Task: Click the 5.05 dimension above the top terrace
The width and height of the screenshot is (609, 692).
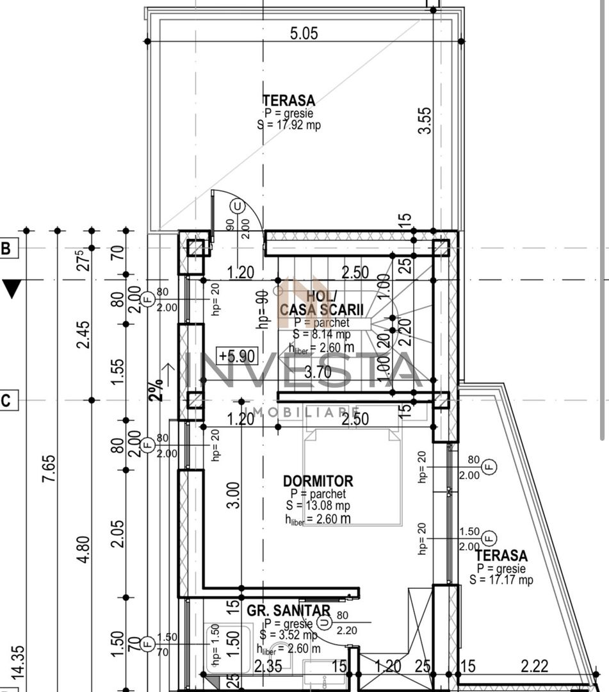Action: click(304, 33)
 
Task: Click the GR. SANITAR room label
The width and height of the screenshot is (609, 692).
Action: click(289, 611)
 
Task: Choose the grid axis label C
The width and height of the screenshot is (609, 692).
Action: click(6, 401)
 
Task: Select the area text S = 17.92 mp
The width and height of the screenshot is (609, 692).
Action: click(289, 126)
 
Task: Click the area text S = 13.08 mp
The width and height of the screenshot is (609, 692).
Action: click(318, 506)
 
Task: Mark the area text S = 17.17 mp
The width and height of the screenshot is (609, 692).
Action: click(501, 581)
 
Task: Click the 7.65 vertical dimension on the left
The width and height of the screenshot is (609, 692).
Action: click(50, 471)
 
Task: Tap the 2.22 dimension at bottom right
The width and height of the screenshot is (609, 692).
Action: click(534, 667)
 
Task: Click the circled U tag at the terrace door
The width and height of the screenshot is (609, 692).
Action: click(238, 206)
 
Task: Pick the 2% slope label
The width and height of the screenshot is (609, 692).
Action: click(157, 388)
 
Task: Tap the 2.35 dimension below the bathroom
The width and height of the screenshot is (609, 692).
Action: click(268, 667)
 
